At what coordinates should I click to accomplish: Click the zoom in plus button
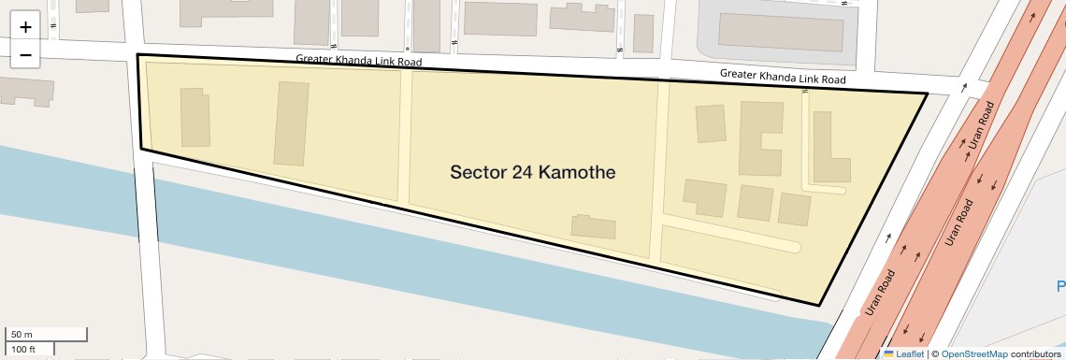tap(25, 27)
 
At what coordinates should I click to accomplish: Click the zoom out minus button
tap(25, 55)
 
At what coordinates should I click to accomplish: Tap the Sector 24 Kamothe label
tap(532, 173)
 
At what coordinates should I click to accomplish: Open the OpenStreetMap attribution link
tap(974, 353)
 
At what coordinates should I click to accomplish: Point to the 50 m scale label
tap(22, 334)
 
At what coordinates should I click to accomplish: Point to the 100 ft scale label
tap(23, 349)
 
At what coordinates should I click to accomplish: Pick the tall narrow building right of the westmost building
tap(291, 123)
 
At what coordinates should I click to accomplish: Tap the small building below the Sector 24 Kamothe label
tap(595, 226)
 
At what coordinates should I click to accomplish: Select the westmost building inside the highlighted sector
tap(195, 117)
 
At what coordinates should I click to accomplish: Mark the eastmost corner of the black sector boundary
tap(927, 94)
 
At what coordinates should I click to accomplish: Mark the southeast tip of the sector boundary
tap(819, 305)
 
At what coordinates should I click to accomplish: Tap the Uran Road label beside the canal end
tap(880, 293)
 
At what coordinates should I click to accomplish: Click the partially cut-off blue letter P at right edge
tap(1060, 286)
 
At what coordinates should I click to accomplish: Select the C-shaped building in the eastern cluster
tap(757, 137)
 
